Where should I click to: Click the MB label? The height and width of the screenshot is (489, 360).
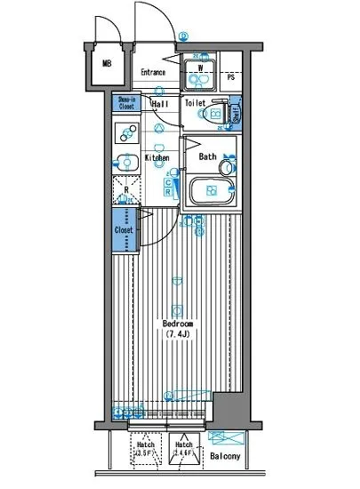pyautogui.click(x=107, y=64)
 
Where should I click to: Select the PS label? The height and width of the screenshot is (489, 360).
pyautogui.click(x=230, y=77)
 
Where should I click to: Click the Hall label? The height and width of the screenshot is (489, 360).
pyautogui.click(x=161, y=104)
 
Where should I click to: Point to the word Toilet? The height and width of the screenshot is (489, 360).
pyautogui.click(x=195, y=104)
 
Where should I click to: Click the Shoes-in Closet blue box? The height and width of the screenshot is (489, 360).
pyautogui.click(x=125, y=103)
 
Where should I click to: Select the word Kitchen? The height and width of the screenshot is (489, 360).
pyautogui.click(x=157, y=158)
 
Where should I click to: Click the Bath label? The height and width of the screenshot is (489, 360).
pyautogui.click(x=207, y=157)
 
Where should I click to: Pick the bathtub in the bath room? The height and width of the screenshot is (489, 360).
pyautogui.click(x=212, y=190)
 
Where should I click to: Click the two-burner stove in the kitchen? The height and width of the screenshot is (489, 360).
pyautogui.click(x=124, y=136)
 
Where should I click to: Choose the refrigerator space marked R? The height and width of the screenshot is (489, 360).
pyautogui.click(x=124, y=189)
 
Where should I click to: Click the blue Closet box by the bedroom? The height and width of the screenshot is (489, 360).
pyautogui.click(x=124, y=229)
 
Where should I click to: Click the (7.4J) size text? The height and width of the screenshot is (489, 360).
pyautogui.click(x=180, y=334)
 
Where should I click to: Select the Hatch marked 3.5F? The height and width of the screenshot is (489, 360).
pyautogui.click(x=144, y=449)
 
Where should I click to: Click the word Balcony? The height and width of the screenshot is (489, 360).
pyautogui.click(x=225, y=457)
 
